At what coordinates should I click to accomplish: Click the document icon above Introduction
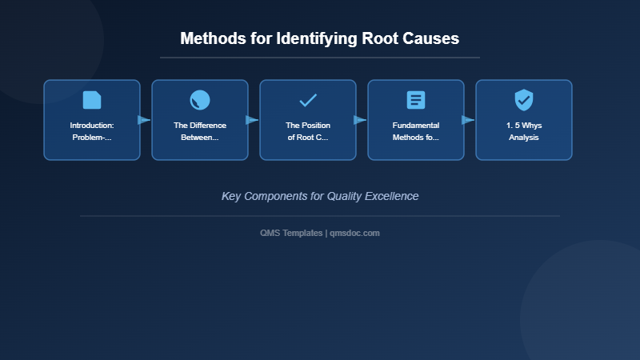point(92,100)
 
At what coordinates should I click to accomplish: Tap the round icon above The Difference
point(200,100)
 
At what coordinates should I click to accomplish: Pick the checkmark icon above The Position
point(308,100)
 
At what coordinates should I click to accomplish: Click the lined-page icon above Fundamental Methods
point(416,100)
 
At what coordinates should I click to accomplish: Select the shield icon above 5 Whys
point(524,100)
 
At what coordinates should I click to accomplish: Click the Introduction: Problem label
point(92,131)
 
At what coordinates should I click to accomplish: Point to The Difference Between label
point(200,131)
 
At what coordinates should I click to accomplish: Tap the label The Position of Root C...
point(308,131)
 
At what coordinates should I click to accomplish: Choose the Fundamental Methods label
point(416,131)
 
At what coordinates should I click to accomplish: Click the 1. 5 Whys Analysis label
point(524,131)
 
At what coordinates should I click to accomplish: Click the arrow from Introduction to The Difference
point(144,120)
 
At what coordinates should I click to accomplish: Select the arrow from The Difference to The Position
point(252,120)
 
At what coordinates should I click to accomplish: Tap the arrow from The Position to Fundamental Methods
point(360,120)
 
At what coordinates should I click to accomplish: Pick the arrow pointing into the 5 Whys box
point(468,120)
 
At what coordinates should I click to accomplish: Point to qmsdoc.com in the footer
point(355,233)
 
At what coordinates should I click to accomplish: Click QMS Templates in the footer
point(291,233)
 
